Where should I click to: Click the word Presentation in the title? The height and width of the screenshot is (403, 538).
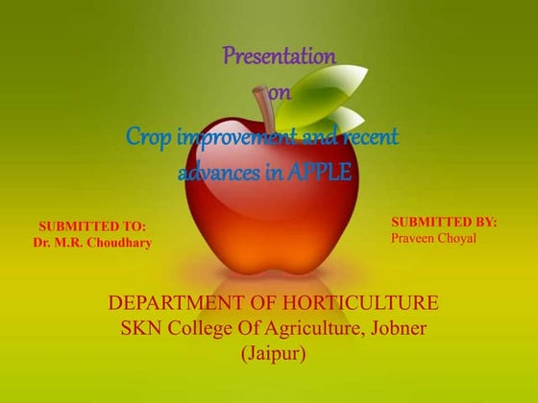pos(280,57)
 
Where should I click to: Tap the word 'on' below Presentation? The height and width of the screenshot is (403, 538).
pos(280,92)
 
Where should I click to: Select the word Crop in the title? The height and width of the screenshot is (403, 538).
pos(149,137)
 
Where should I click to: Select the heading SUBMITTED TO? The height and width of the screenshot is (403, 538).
pos(92,226)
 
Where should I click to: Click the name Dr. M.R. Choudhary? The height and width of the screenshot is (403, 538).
pos(92,243)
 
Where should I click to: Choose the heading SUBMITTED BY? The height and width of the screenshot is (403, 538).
pos(444,222)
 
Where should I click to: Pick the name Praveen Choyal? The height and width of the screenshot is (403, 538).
pos(434,237)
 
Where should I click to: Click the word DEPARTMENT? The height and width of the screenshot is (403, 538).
pos(179,304)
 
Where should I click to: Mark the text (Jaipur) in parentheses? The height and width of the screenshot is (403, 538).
pos(273,353)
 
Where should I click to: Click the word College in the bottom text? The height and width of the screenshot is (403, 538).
pos(208,329)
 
